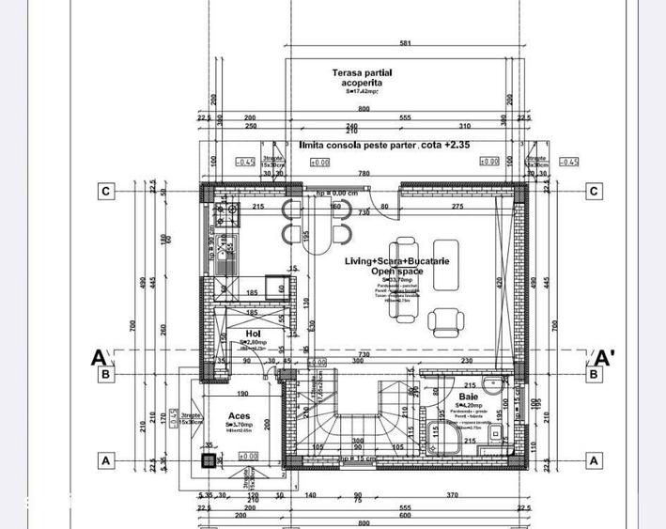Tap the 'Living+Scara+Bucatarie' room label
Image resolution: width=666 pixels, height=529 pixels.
point(383,260)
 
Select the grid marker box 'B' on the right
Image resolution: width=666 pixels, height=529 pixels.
point(594,375)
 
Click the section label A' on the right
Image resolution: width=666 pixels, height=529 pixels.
point(606,357)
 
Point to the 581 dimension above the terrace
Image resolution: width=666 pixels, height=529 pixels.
point(404,43)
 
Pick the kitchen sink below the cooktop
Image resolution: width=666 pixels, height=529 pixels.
point(226,247)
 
